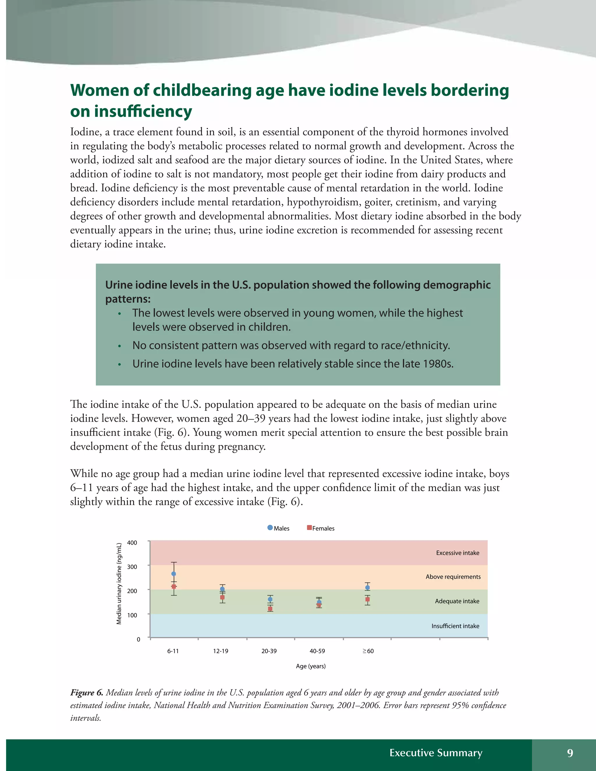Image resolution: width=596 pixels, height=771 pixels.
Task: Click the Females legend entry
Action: coord(321,528)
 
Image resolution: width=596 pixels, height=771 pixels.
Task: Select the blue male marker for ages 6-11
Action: coord(173,574)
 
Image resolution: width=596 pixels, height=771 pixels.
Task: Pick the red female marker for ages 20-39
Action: coord(270,609)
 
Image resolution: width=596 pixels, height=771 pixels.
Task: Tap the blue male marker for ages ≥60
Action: coord(367,587)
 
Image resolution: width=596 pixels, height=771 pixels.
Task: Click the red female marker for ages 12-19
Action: coord(222,597)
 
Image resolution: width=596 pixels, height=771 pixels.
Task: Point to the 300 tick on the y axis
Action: coord(132,566)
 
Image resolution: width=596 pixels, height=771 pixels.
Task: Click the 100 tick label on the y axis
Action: coord(132,615)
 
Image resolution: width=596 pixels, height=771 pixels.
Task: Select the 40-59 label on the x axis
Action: coord(317,651)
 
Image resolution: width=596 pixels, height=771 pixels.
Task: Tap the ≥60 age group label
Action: coord(368,651)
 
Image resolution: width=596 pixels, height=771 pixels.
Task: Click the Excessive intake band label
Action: coord(457,553)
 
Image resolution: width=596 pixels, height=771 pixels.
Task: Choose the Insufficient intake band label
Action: coord(455,626)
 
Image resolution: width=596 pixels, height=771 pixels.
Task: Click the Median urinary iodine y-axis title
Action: coord(119,583)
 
